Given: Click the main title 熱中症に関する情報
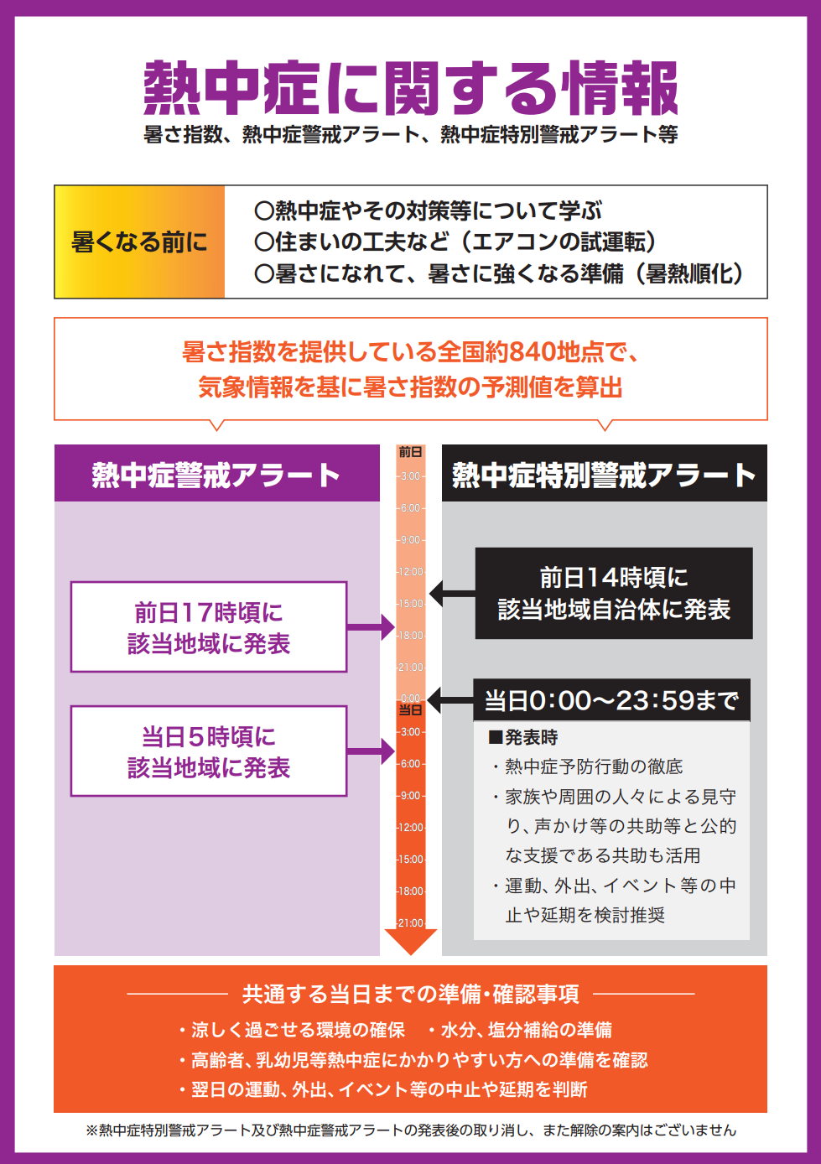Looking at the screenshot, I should point(410,88).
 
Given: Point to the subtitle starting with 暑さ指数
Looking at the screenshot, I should point(410,134).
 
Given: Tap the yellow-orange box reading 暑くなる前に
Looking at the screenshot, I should point(139,242).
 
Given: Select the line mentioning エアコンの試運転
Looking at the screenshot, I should point(455,242).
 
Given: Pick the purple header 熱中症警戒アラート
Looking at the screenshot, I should point(216,475).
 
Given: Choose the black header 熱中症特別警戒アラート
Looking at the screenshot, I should point(604,475).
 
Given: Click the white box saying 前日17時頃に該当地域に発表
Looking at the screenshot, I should point(209,627).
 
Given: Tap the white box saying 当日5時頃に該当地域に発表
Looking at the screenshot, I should point(209,751).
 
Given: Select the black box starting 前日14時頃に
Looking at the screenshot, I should point(614,594).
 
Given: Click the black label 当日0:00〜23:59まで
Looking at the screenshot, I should point(611,700).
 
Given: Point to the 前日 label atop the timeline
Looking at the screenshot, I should point(410,452).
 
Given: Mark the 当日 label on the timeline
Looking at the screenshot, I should point(410,710).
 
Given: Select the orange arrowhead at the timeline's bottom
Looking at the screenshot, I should point(410,941).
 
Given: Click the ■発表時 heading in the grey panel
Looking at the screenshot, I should point(523,738).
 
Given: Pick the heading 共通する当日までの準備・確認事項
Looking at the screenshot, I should point(410,995).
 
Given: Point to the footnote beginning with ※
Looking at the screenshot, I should point(410,1130).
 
